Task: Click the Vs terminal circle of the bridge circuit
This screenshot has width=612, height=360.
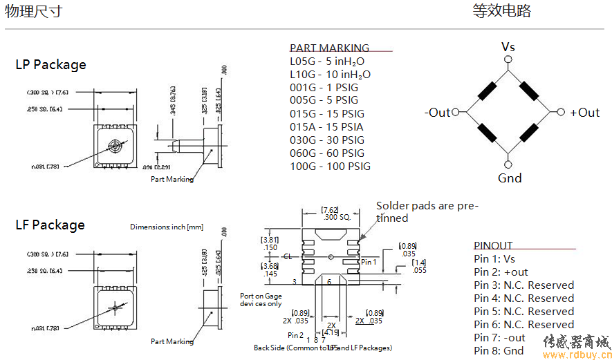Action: tap(508, 60)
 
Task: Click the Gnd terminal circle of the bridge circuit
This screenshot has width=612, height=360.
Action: tap(508, 164)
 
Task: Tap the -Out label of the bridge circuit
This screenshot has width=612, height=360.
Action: tap(438, 113)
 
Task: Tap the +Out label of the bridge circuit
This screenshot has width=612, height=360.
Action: tap(584, 113)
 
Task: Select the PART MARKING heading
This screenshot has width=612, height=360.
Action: tap(329, 48)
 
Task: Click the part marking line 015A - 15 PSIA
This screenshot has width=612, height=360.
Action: tap(326, 126)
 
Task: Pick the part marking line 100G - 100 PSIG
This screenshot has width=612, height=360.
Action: tap(330, 166)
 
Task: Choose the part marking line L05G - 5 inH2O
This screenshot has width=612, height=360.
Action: tap(327, 61)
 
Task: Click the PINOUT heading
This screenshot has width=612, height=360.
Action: tap(493, 245)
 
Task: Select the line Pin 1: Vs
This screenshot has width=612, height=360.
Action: tap(494, 258)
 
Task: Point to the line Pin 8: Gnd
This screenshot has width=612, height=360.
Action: tap(499, 350)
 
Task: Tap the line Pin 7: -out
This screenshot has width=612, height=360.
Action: tap(499, 337)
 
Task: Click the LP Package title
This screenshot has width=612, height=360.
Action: tap(51, 65)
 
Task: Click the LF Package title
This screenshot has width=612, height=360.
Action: tap(50, 225)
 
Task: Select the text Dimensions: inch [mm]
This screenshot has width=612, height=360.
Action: tap(167, 227)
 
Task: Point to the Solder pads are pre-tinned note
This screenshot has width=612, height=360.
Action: tap(427, 211)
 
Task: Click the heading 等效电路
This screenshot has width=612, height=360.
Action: tap(501, 11)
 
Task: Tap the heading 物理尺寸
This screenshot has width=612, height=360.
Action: tap(33, 11)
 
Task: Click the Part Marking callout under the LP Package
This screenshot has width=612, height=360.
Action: tap(172, 179)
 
